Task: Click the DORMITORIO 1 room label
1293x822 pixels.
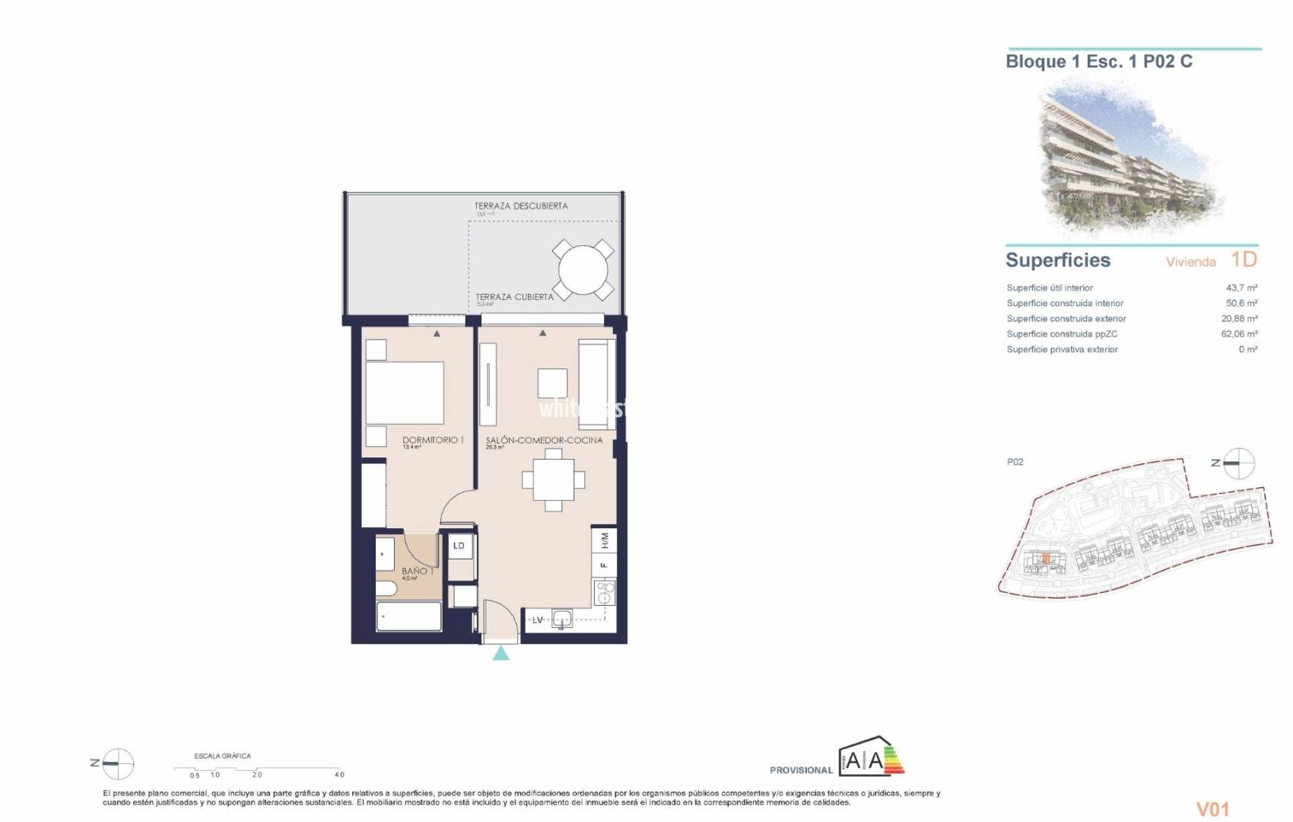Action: coord(432,440)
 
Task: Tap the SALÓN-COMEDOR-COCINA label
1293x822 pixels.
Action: coord(544,440)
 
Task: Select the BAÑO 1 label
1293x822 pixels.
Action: coord(417,571)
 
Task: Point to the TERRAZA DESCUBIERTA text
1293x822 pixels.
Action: coord(521,206)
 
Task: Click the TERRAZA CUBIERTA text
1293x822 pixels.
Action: coord(515,297)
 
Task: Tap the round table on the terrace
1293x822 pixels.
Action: coord(583,269)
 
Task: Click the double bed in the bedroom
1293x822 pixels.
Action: coord(405,393)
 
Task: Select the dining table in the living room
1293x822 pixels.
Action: coord(554,480)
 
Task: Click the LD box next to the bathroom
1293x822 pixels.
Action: coord(459,546)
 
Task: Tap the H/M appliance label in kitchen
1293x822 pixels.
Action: coord(605,541)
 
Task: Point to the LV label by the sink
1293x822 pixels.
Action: coord(538,620)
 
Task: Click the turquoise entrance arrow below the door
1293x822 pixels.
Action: coord(500,653)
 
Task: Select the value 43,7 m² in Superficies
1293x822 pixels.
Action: coord(1241,288)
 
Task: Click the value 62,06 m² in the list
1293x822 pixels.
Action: coord(1239,334)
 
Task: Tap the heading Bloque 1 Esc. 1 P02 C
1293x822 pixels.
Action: coord(1099,62)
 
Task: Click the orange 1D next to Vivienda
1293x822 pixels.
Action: coord(1244,260)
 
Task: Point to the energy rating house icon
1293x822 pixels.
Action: coord(872,757)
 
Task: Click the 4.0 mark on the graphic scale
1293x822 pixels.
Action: coord(339,775)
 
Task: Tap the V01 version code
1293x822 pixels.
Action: coord(1212,809)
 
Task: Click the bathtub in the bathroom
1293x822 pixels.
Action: coord(409,616)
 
